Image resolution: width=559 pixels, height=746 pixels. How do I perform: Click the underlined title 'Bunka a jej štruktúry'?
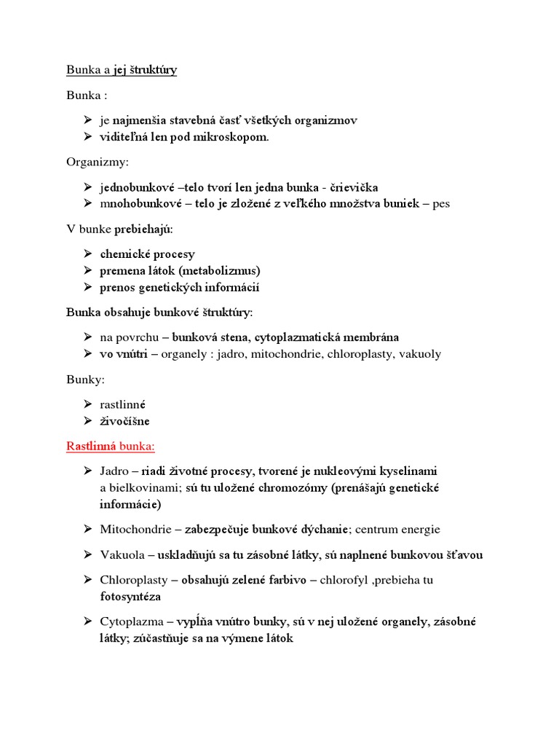[x=122, y=70]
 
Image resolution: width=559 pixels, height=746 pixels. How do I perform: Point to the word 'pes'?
[x=441, y=203]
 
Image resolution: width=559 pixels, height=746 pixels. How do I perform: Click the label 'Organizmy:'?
[x=97, y=162]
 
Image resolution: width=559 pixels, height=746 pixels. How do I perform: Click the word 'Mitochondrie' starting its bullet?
[x=133, y=530]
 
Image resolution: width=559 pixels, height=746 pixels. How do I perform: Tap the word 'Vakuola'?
[x=121, y=555]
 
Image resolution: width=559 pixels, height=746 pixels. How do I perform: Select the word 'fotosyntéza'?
[x=130, y=596]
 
